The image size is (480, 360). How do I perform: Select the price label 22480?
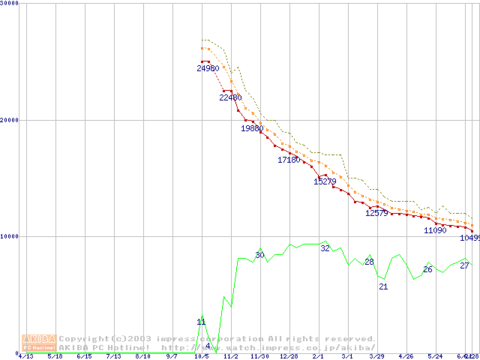click(x=230, y=97)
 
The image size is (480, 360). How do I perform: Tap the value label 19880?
click(x=252, y=128)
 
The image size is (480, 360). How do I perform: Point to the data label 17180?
click(x=289, y=160)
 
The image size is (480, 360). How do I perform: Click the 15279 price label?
click(x=325, y=181)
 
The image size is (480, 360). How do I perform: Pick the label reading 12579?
click(x=376, y=213)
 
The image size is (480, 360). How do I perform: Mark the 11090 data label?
click(x=435, y=230)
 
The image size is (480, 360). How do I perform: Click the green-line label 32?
click(x=325, y=248)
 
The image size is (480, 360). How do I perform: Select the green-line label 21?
click(x=383, y=286)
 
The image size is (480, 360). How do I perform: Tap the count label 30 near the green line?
click(x=259, y=256)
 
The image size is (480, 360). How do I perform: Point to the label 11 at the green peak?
click(x=201, y=322)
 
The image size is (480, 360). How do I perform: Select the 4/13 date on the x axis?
click(x=25, y=356)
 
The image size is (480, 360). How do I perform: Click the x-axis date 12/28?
click(x=289, y=356)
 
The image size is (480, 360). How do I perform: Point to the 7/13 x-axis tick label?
click(x=113, y=356)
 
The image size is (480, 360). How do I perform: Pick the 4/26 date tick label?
click(x=406, y=356)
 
